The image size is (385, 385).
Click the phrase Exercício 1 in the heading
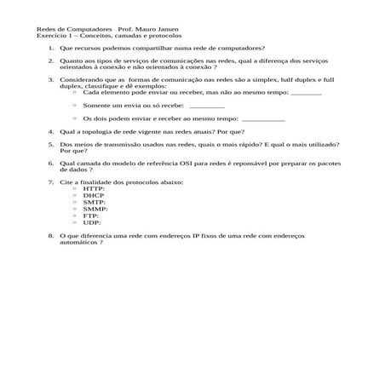tap(55, 37)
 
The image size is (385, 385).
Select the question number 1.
tap(50, 49)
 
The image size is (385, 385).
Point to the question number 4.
tap(50, 132)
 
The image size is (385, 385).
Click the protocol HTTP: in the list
tap(94, 188)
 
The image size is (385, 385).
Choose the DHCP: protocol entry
tap(94, 195)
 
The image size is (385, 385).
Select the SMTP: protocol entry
tap(94, 202)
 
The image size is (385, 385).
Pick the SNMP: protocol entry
tap(95, 209)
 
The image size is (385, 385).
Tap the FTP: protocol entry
tap(91, 215)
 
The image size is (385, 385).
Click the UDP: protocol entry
tap(92, 222)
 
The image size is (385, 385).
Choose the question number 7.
tap(50, 181)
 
